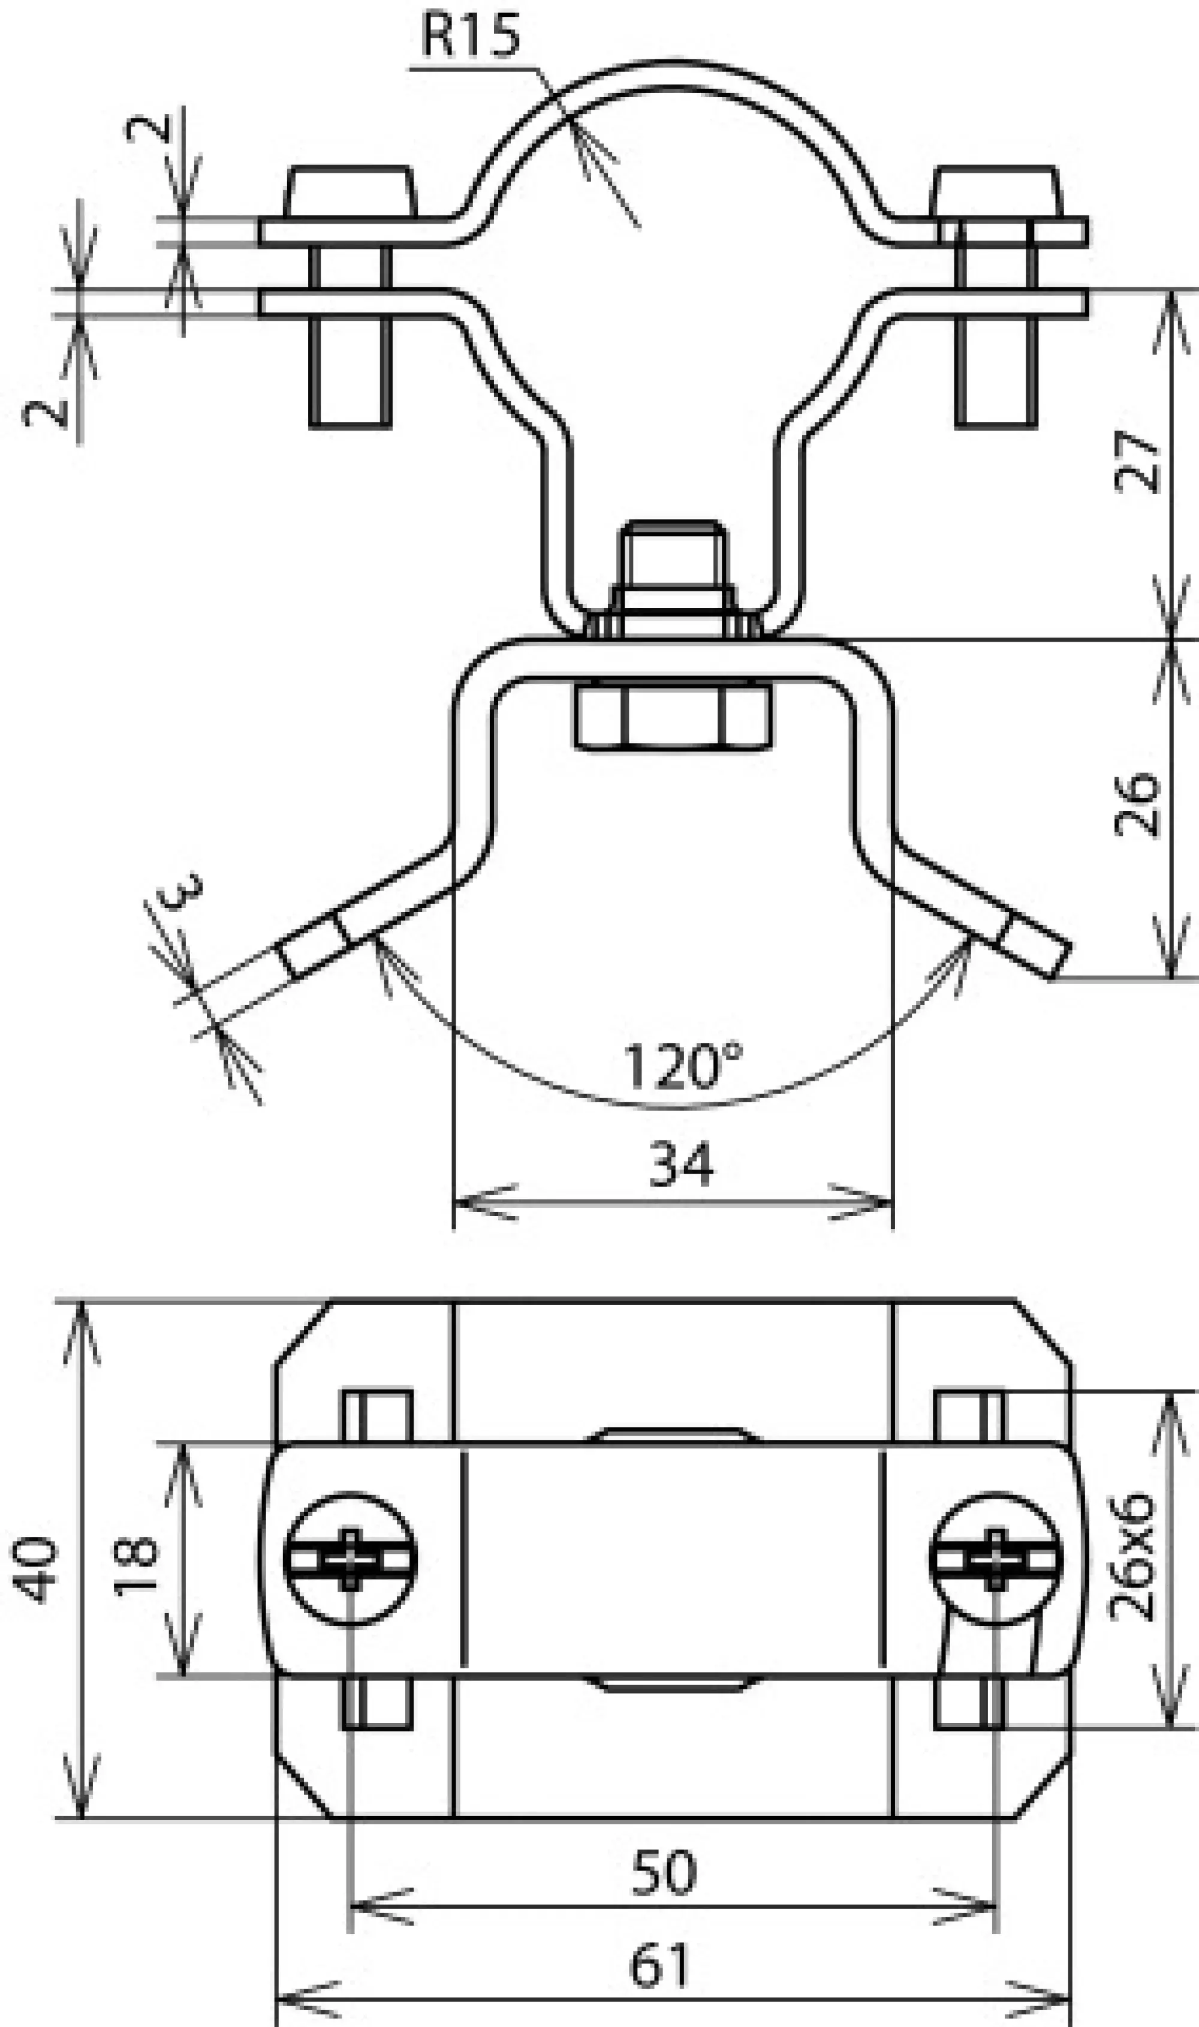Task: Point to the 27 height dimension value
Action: click(1138, 462)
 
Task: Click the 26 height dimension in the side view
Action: click(1138, 805)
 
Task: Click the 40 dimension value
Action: click(37, 1571)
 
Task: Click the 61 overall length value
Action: click(660, 1967)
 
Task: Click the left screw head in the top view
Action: click(350, 1559)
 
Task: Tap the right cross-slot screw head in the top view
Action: click(996, 1559)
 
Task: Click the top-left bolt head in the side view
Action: click(350, 193)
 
